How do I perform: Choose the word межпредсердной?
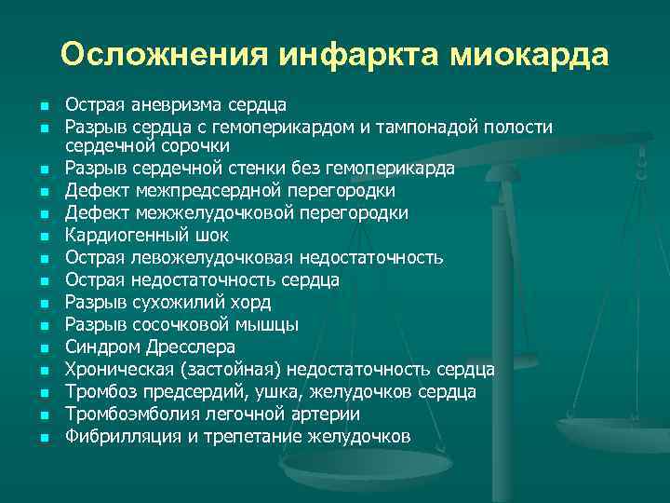198,191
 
